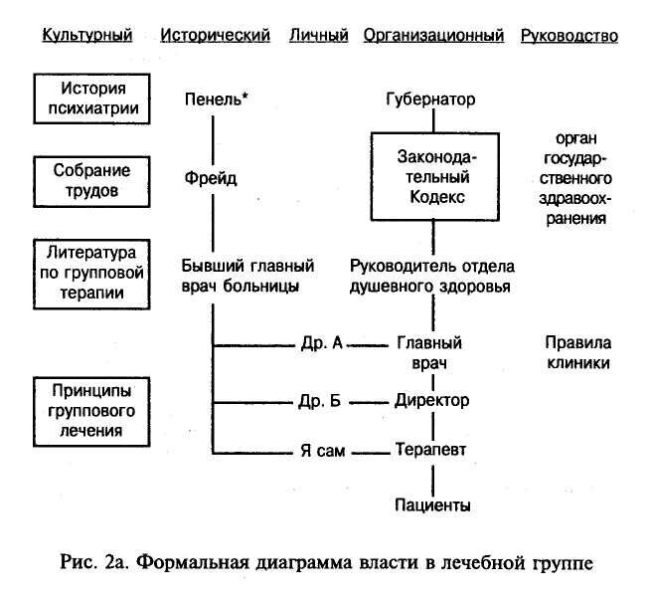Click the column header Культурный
tap(86, 37)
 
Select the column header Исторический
tap(215, 37)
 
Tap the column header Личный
tap(318, 37)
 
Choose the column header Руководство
tap(569, 37)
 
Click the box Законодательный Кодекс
tap(431, 176)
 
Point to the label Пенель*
tap(216, 100)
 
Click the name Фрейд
tap(212, 180)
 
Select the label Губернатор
tap(431, 100)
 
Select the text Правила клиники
tap(576, 353)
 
